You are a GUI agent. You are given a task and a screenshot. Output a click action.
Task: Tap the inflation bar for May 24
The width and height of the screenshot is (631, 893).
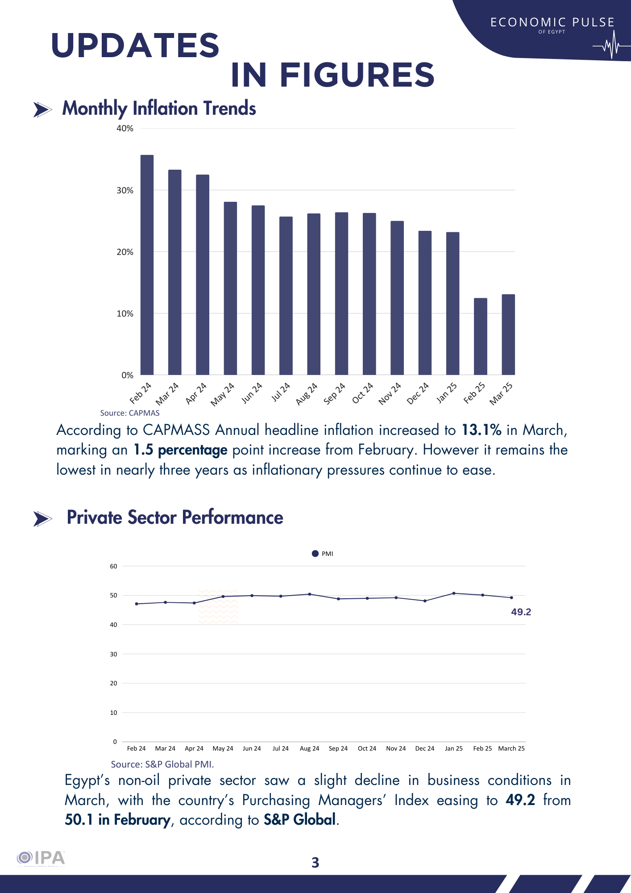(230, 288)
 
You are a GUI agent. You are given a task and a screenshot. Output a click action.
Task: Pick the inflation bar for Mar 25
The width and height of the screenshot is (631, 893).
(508, 334)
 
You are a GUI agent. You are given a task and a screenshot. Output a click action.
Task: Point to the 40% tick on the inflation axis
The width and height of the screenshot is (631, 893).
(125, 129)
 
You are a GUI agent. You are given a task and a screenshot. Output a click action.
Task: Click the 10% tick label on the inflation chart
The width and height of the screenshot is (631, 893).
(125, 314)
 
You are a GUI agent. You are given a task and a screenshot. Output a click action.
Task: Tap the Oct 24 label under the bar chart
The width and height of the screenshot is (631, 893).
(363, 393)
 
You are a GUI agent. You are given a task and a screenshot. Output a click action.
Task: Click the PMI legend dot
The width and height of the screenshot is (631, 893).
(315, 554)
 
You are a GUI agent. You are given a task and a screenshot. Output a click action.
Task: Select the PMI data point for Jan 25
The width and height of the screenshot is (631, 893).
(454, 593)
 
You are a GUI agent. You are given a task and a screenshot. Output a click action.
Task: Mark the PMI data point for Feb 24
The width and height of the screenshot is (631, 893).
(137, 604)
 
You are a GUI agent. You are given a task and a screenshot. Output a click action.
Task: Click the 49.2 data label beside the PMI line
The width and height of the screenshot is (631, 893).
(521, 612)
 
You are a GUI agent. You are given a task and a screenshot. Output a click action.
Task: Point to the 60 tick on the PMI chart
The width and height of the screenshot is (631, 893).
(114, 566)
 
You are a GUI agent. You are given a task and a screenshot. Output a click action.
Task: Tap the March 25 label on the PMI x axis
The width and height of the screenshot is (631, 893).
(511, 748)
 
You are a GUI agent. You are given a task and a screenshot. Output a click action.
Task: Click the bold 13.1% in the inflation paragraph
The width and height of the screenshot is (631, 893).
(481, 430)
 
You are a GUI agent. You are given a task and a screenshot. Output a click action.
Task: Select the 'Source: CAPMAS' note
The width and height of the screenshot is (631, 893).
(130, 413)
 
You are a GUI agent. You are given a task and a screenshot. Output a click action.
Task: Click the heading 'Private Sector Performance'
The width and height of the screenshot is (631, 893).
(175, 517)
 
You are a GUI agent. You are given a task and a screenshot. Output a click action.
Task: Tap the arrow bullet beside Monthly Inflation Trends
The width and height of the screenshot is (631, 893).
(42, 109)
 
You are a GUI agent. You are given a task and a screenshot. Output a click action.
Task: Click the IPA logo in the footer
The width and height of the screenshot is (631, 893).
(41, 858)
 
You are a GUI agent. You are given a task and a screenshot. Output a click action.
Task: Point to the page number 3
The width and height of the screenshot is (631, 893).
(315, 863)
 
